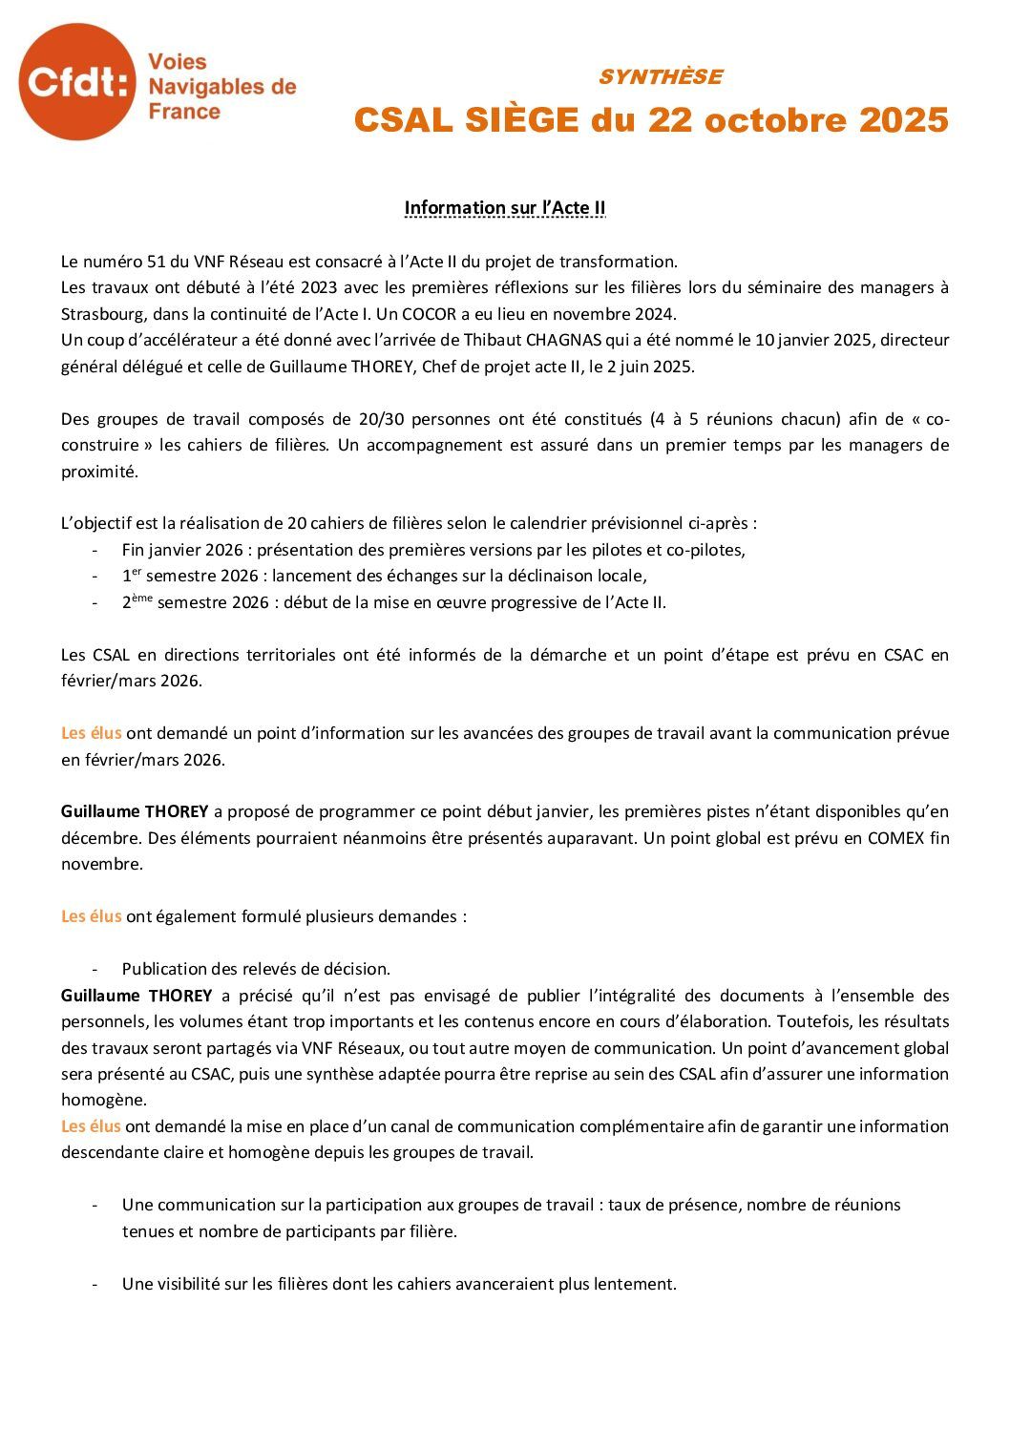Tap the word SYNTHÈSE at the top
pos(660,76)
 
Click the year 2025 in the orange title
pos(903,120)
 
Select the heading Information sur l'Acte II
pos(504,208)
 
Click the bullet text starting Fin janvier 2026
pos(433,550)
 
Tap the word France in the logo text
pos(184,112)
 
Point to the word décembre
pos(99,838)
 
